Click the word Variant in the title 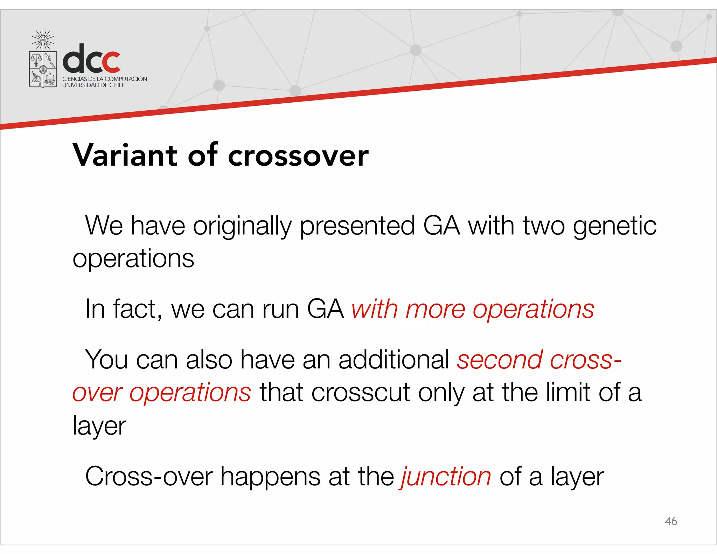point(125,155)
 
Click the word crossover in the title point(298,156)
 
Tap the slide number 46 point(670,521)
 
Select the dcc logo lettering point(92,58)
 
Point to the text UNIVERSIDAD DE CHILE point(93,85)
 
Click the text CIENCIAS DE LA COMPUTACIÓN point(105,79)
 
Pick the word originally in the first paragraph point(242,226)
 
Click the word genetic point(614,226)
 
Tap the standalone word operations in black point(133,258)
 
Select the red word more point(435,309)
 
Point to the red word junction point(445,477)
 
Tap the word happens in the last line point(270,477)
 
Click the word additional point(394,360)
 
